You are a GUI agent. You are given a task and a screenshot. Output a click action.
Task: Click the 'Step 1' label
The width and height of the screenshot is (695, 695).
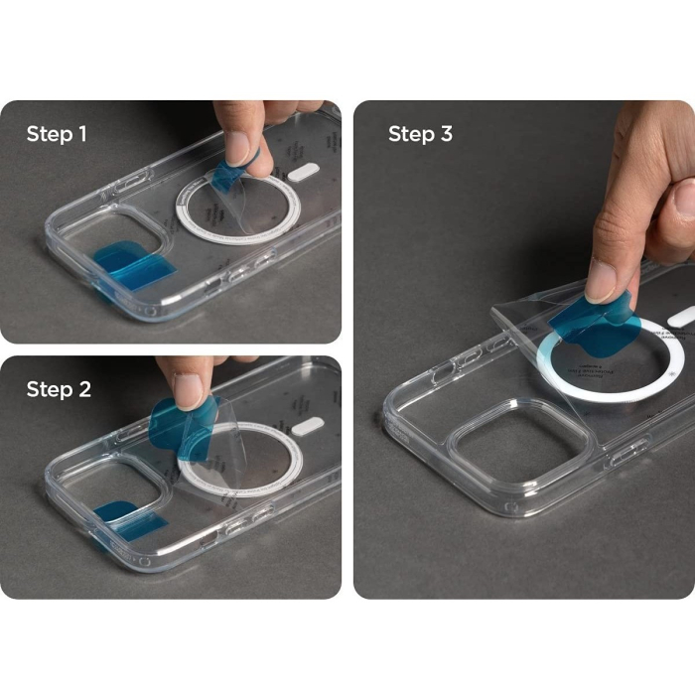point(57,133)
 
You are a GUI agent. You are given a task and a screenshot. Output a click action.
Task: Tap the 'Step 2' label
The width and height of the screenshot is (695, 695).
point(59,389)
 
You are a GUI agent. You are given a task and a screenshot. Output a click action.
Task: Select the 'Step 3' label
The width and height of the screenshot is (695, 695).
point(420,133)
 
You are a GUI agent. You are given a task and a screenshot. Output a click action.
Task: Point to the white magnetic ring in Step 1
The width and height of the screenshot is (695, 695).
point(237,208)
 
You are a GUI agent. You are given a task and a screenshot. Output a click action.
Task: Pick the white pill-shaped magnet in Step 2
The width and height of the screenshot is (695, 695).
point(310,425)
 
